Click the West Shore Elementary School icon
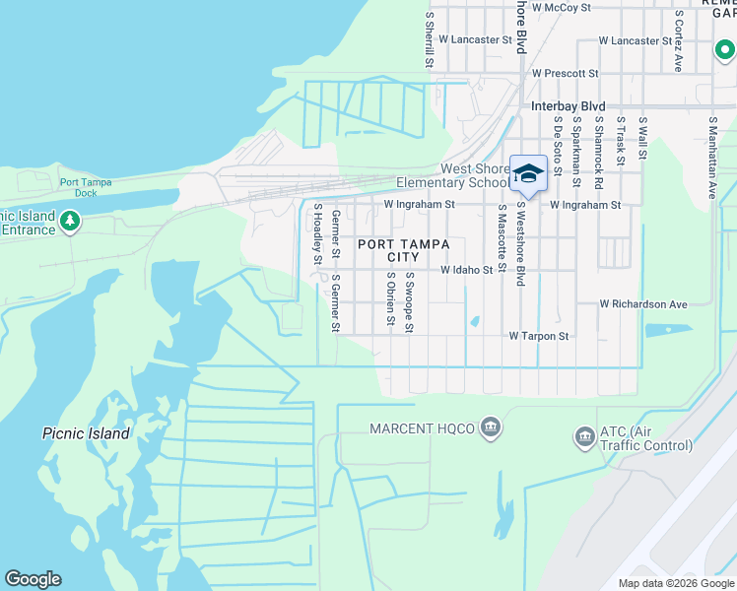tap(528, 173)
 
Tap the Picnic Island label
tap(87, 433)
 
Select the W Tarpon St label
tap(539, 336)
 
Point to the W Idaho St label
tap(465, 269)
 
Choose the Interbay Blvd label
tap(566, 106)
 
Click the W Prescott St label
tap(565, 73)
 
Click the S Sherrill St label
tap(430, 40)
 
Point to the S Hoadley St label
tap(318, 234)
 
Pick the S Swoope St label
tap(409, 302)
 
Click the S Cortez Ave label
tap(679, 41)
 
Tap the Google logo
tap(33, 579)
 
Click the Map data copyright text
tap(676, 583)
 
